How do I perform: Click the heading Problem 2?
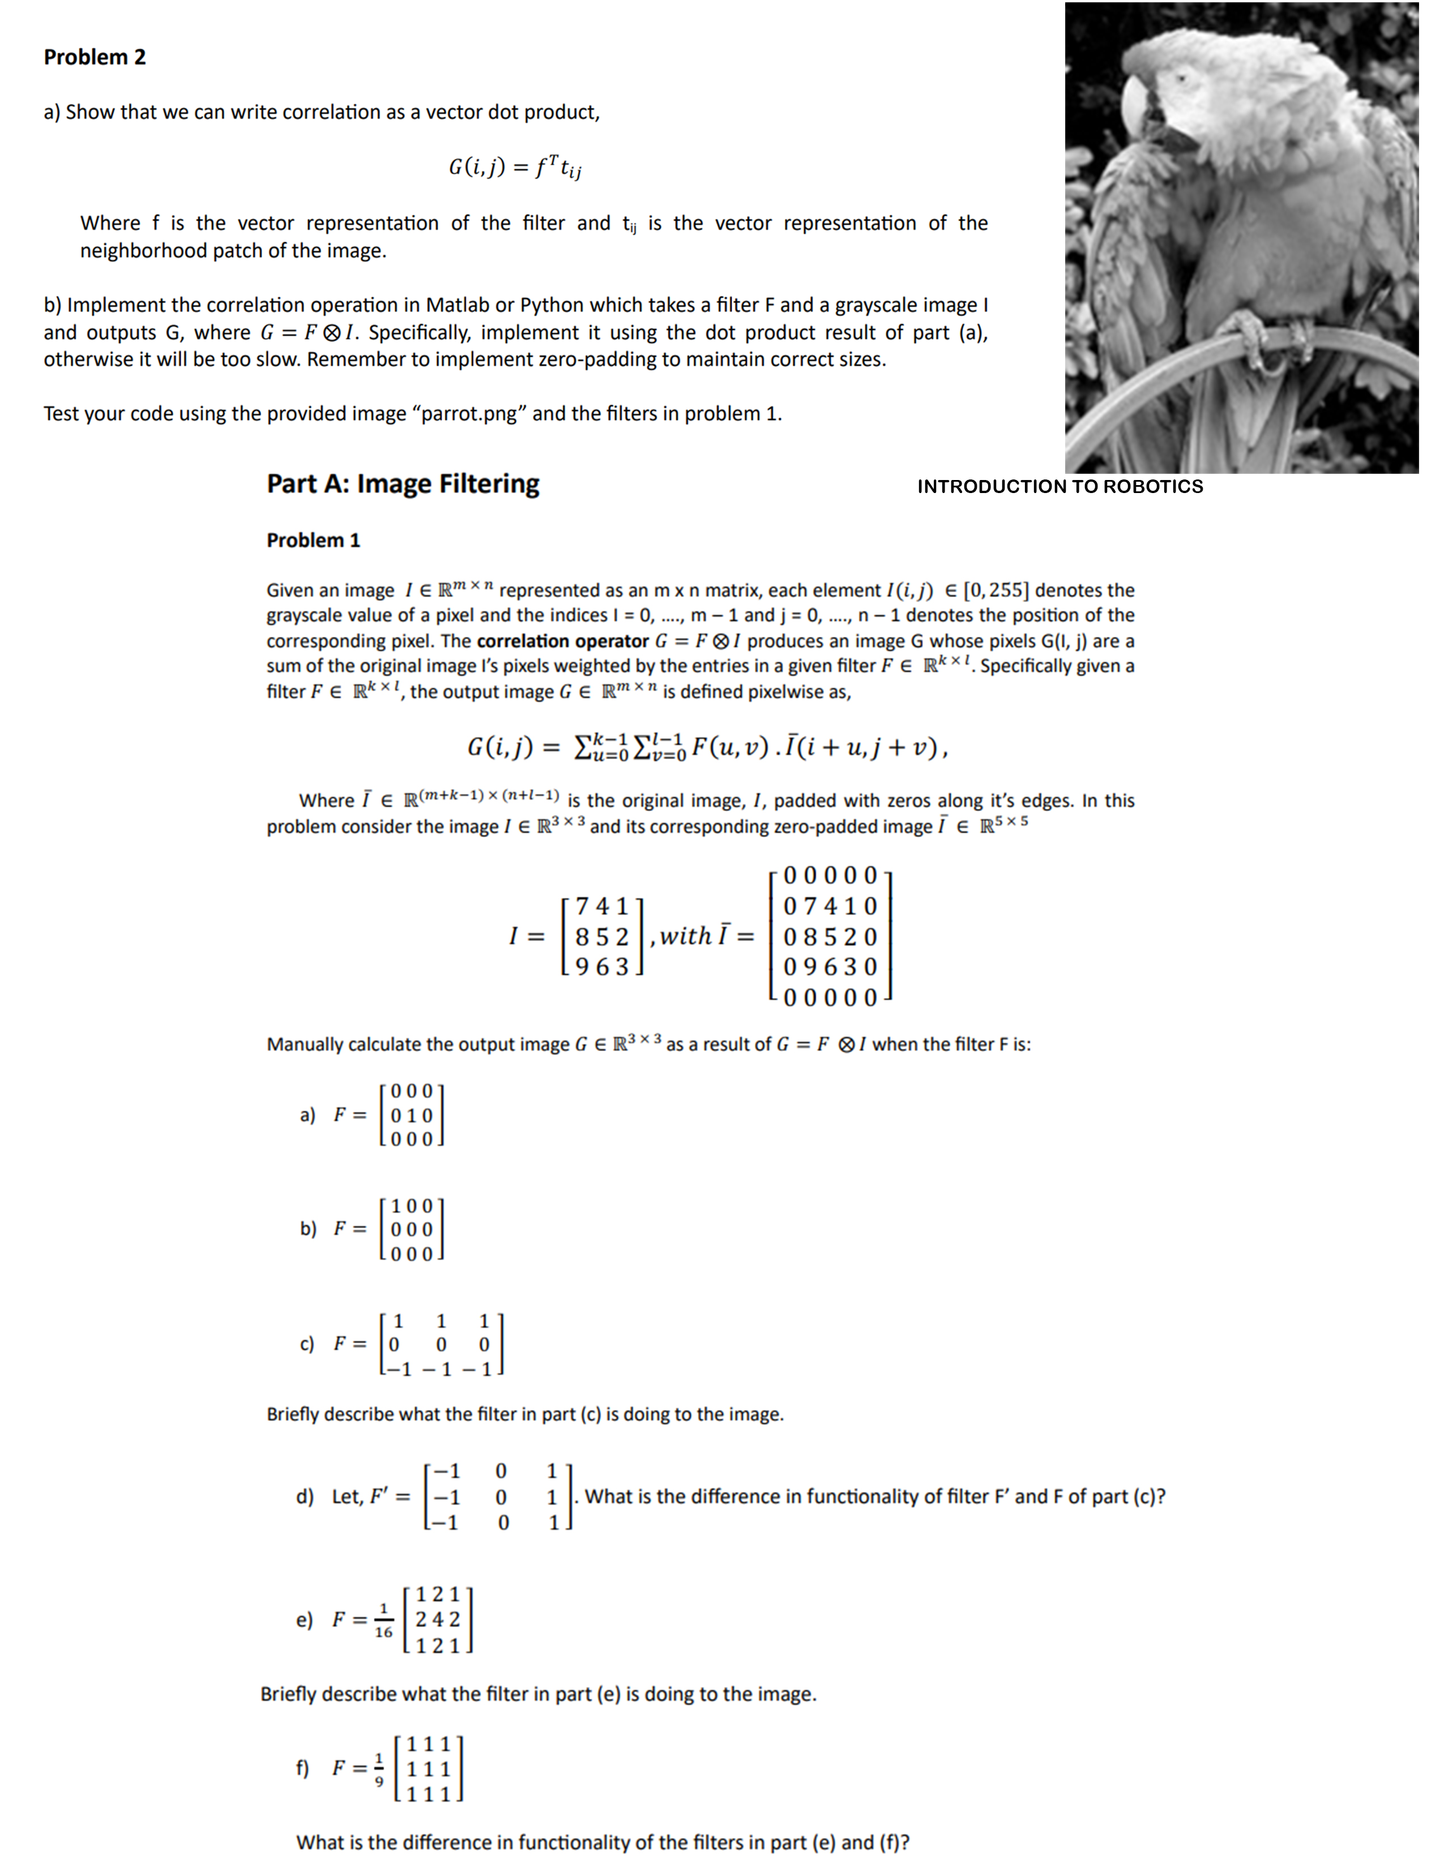(95, 57)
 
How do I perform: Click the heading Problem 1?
(313, 541)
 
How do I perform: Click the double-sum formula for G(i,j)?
(707, 748)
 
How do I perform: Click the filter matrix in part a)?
(412, 1115)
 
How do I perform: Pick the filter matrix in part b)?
(412, 1229)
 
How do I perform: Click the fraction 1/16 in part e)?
(383, 1621)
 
